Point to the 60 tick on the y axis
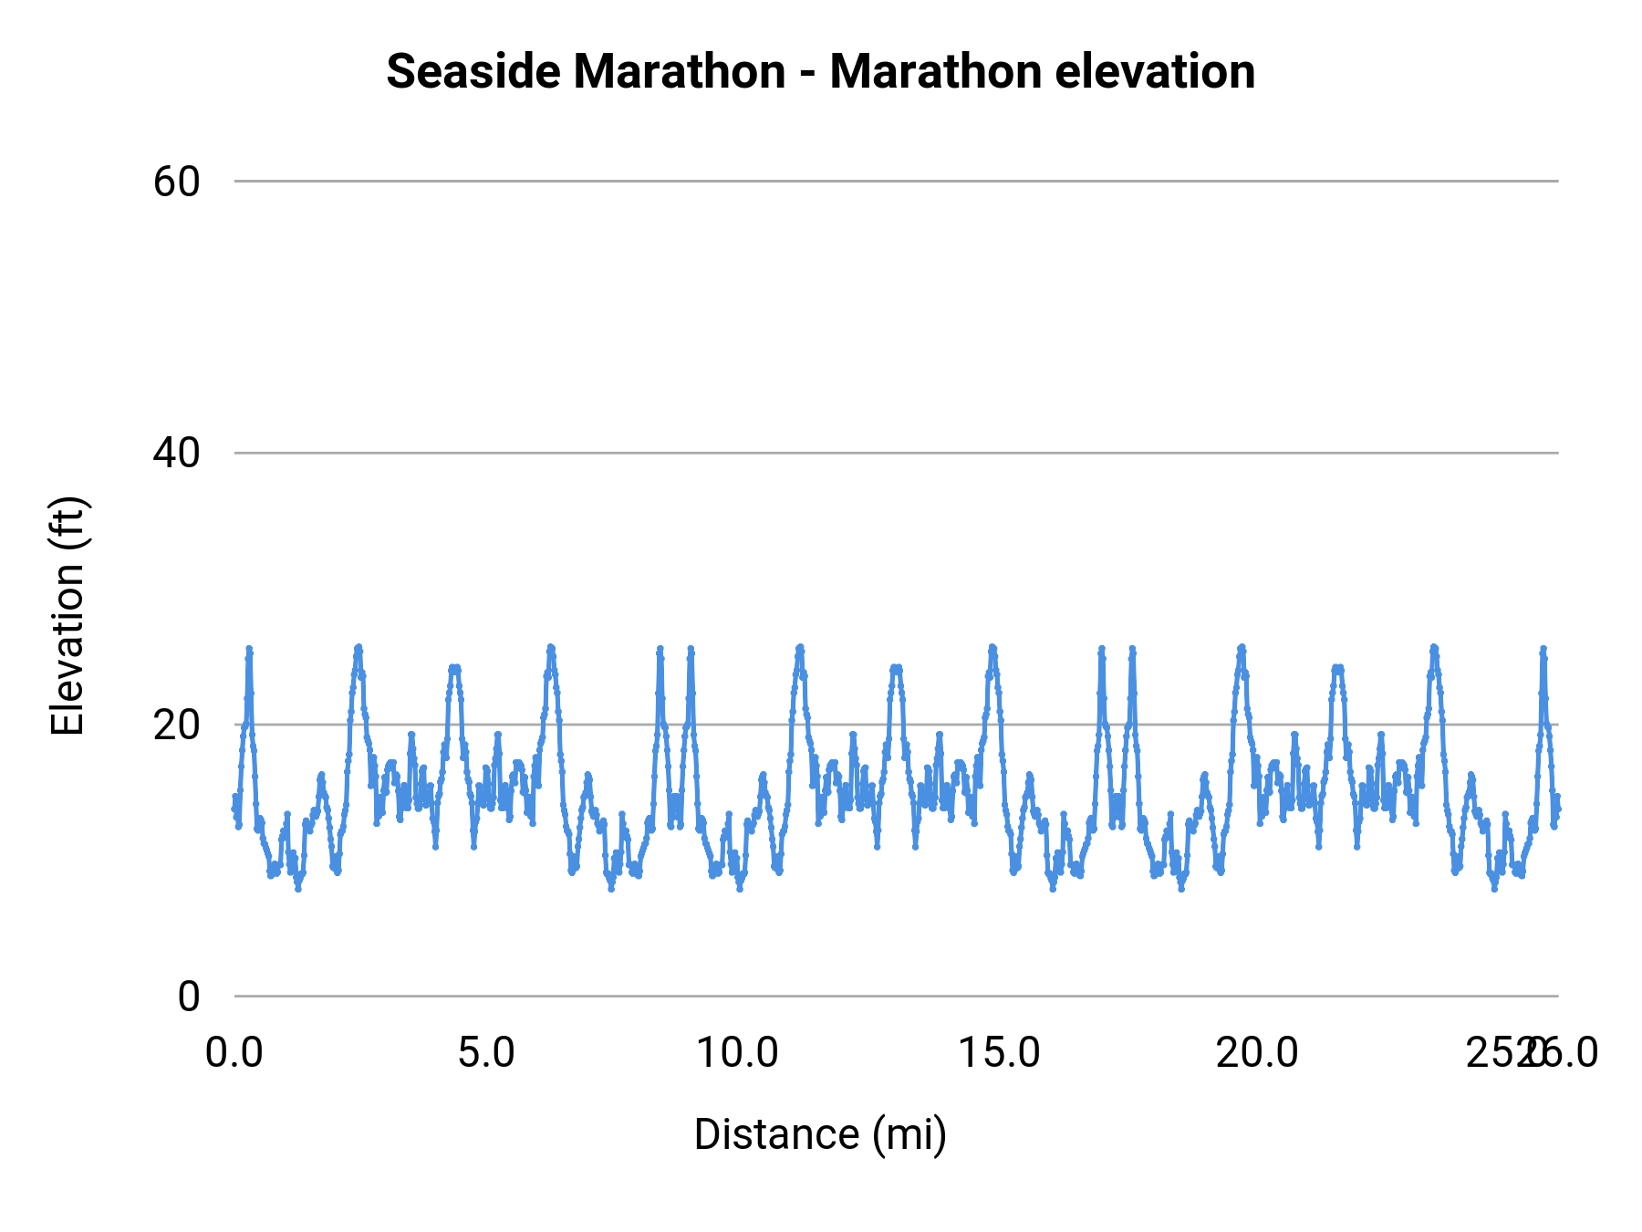pos(176,182)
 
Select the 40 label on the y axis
pos(176,453)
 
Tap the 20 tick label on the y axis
pos(176,725)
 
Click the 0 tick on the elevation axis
pos(188,997)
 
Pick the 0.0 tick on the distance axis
pos(234,1053)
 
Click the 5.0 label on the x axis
pos(486,1053)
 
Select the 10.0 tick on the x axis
pos(737,1053)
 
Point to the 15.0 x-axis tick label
pos(998,1053)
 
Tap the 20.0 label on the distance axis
pos(1257,1053)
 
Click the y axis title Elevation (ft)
pos(68,616)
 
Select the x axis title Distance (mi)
pos(820,1134)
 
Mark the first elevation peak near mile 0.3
pos(248,649)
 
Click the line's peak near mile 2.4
pos(359,647)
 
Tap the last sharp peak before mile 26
pos(1543,649)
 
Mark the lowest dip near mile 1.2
pos(297,888)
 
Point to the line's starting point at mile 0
pos(235,807)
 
